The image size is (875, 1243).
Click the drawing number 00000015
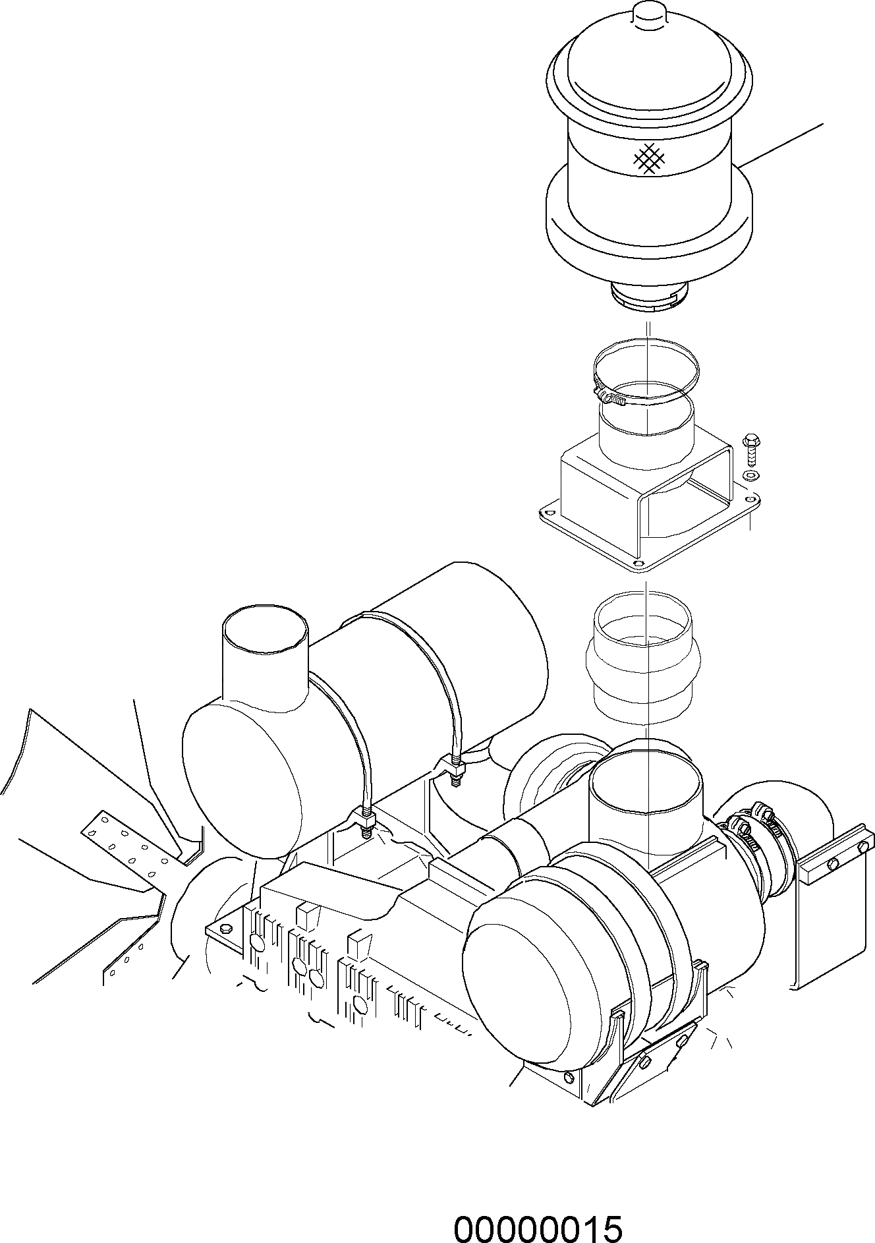point(538,1211)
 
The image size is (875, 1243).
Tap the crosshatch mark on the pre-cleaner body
point(648,158)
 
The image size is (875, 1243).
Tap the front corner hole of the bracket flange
point(637,564)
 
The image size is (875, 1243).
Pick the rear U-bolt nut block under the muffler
point(455,766)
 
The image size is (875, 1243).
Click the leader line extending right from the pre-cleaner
point(784,143)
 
